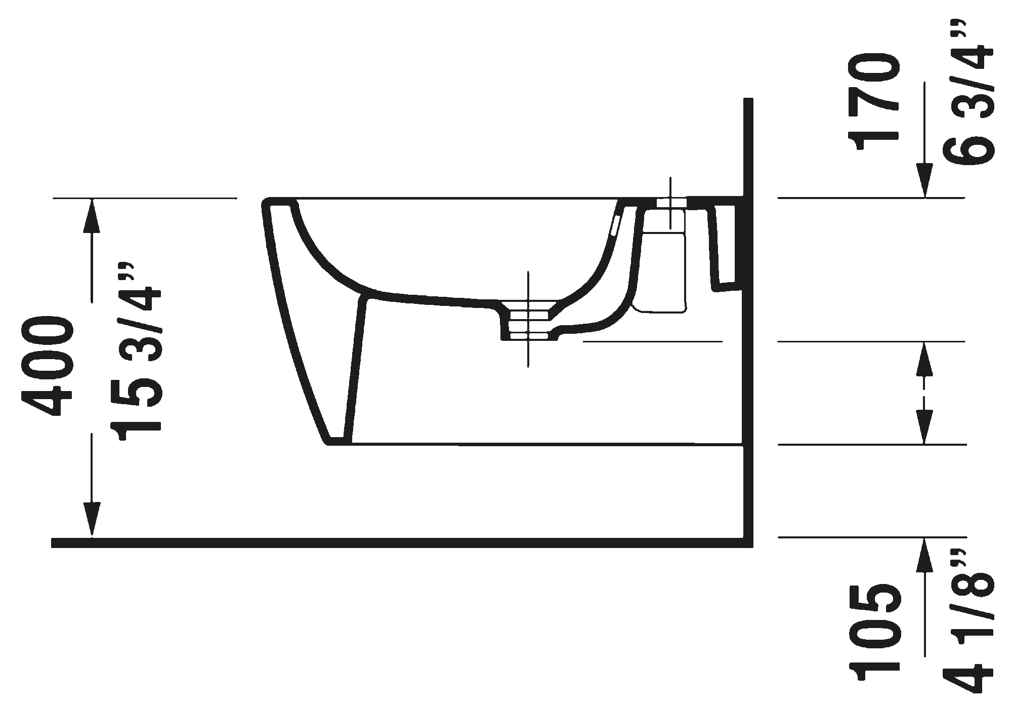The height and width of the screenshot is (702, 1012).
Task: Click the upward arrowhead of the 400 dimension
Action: point(92,215)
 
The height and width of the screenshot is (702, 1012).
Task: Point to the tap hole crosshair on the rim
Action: point(670,203)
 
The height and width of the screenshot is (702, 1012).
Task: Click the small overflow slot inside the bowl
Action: point(615,226)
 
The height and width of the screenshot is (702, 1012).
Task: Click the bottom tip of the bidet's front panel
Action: point(336,440)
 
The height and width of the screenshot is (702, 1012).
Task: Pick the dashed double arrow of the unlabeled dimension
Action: point(925,393)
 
